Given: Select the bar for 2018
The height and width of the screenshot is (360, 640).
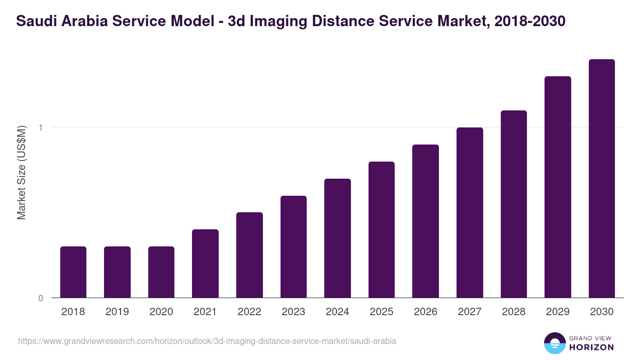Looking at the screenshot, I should pyautogui.click(x=73, y=272).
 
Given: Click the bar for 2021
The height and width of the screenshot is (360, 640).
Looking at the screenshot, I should pyautogui.click(x=205, y=263).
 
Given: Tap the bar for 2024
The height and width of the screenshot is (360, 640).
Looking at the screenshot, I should pyautogui.click(x=338, y=238).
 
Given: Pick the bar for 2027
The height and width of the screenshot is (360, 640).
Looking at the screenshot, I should pyautogui.click(x=470, y=213).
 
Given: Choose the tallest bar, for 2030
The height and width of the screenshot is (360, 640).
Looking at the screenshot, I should pyautogui.click(x=602, y=179).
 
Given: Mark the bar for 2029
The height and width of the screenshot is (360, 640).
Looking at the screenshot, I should pyautogui.click(x=558, y=187).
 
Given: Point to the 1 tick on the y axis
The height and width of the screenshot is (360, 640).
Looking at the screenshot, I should pyautogui.click(x=41, y=127).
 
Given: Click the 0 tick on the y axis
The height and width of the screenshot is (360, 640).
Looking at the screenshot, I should pyautogui.click(x=41, y=298).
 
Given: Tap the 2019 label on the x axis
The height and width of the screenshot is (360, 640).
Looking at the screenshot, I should pyautogui.click(x=117, y=312).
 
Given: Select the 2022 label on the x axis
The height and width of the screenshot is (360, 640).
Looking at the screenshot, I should pyautogui.click(x=249, y=312).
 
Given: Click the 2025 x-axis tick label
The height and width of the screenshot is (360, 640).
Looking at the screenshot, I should pyautogui.click(x=381, y=312).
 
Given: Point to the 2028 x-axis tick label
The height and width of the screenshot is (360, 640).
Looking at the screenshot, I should pyautogui.click(x=514, y=312).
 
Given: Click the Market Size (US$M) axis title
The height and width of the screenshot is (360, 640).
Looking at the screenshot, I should pyautogui.click(x=21, y=172).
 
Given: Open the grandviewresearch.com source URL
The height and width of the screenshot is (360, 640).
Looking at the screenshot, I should pyautogui.click(x=207, y=341).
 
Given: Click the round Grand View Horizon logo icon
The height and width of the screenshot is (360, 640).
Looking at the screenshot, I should pyautogui.click(x=555, y=343).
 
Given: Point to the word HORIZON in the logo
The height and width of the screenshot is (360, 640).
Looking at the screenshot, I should pyautogui.click(x=591, y=347).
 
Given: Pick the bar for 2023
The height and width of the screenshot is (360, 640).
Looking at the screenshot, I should pyautogui.click(x=293, y=247).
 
